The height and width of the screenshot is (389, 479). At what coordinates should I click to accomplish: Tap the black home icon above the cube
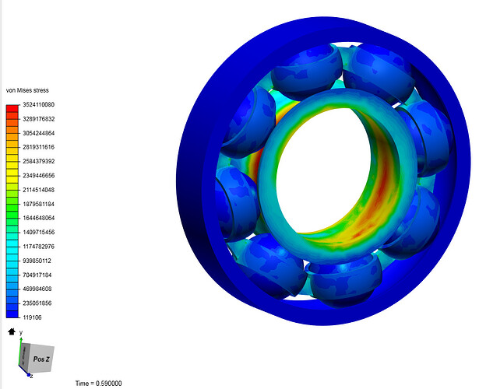point(11,331)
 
